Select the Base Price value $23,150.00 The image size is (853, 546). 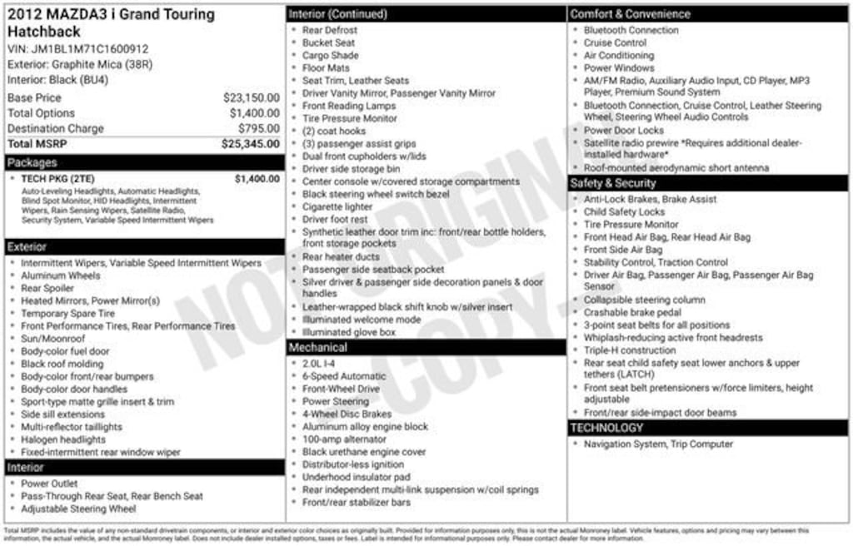pos(251,97)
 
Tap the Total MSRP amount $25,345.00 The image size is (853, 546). pos(250,144)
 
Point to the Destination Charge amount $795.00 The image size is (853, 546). pos(258,128)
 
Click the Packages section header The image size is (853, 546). pos(32,162)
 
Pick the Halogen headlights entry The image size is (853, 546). pos(63,439)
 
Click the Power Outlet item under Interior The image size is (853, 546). pos(49,484)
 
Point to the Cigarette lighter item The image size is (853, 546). pos(337,206)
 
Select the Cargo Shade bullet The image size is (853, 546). pos(331,56)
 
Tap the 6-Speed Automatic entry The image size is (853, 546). pos(344,376)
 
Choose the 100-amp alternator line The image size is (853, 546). pos(344,439)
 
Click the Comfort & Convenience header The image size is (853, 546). pos(630,14)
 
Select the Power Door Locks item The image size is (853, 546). pos(624,131)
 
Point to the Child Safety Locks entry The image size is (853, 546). pos(624,212)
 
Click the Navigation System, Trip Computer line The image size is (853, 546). pos(658,444)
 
